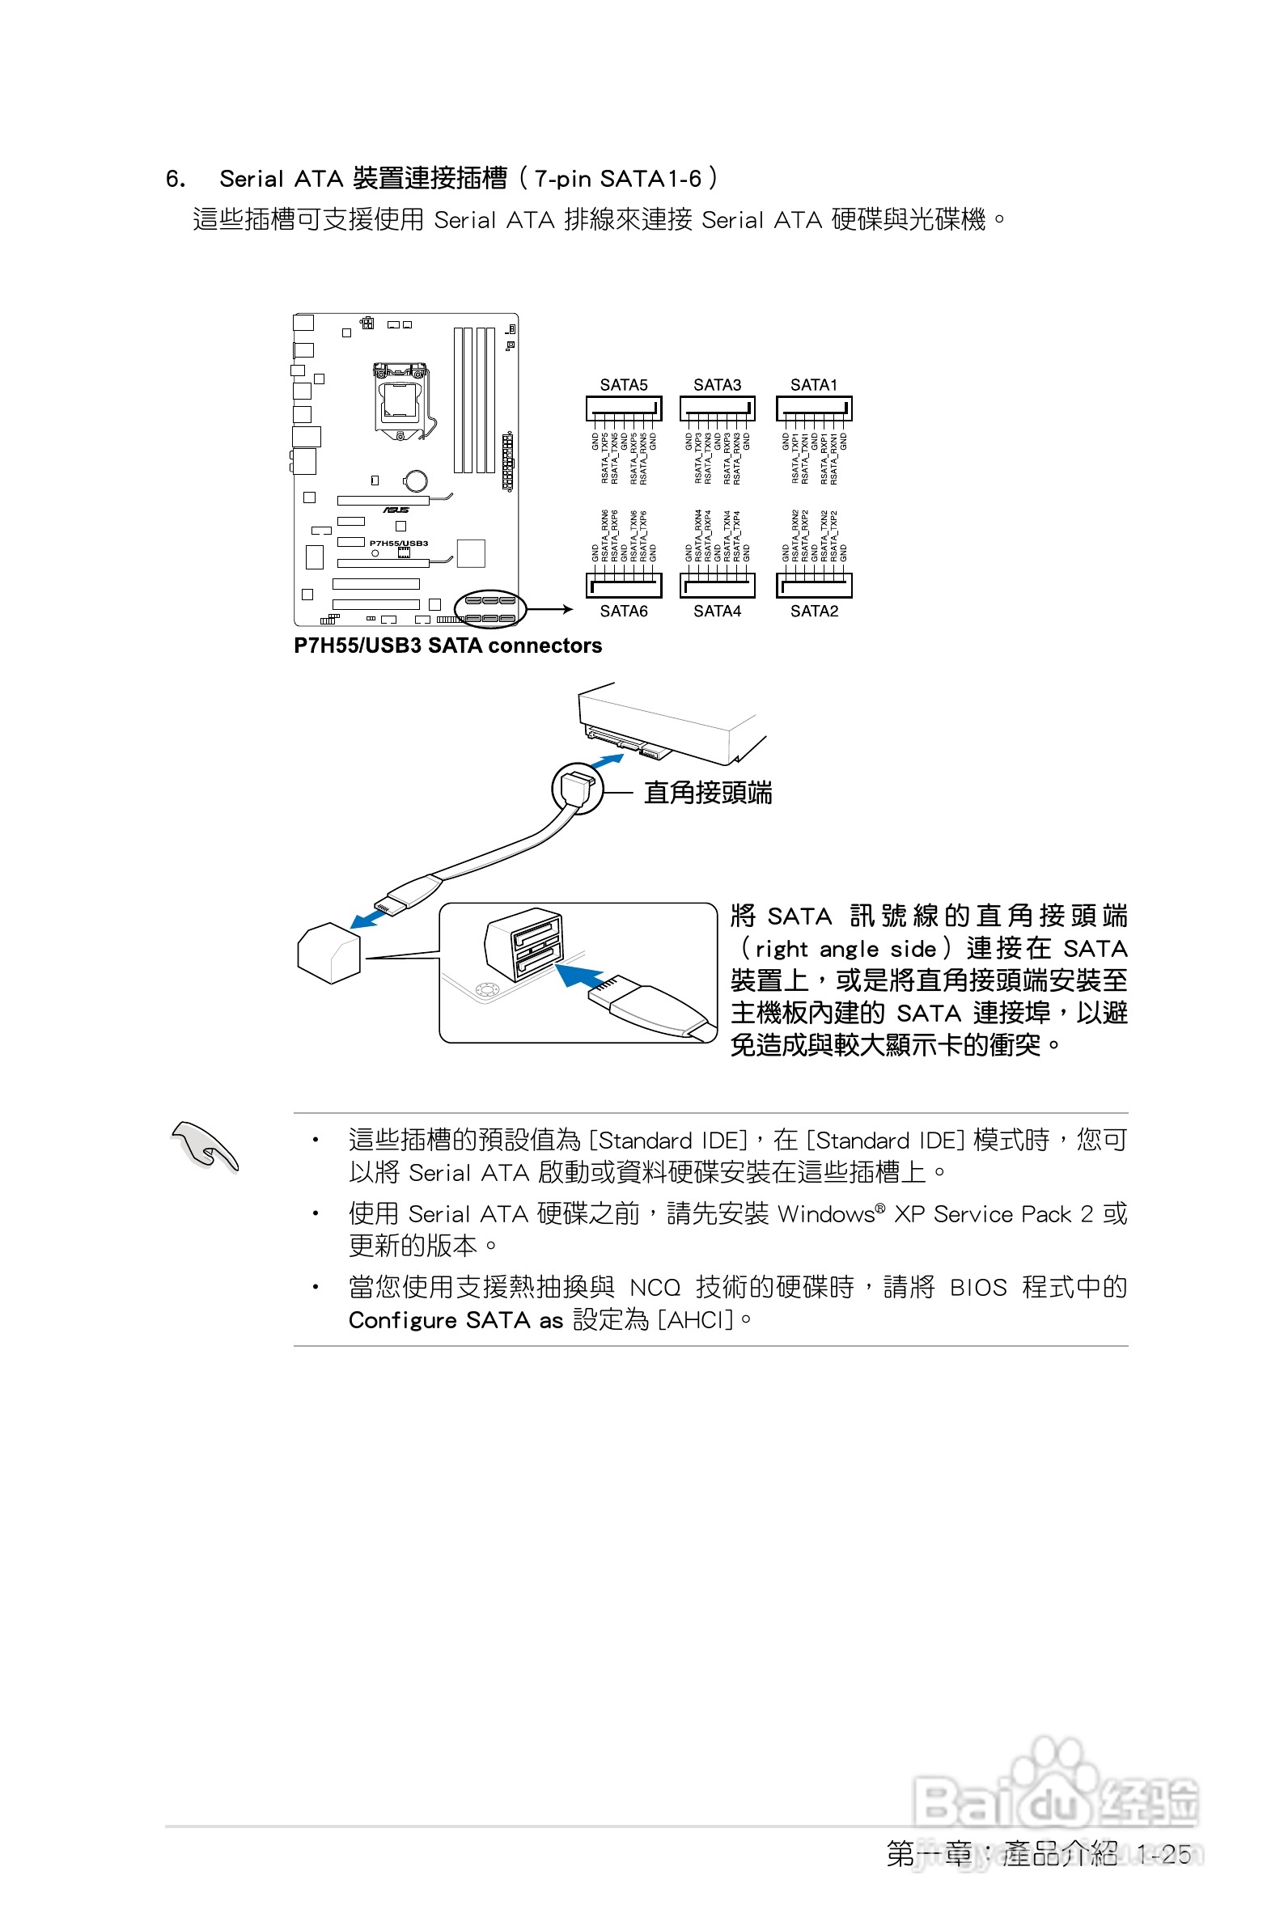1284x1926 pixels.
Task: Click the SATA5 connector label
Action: [x=623, y=385]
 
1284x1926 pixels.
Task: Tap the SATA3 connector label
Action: [x=717, y=385]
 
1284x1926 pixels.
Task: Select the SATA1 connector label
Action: [x=813, y=385]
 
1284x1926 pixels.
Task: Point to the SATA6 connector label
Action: [x=623, y=611]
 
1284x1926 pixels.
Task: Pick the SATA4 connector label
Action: [x=717, y=611]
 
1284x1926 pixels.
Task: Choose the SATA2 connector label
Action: [x=814, y=611]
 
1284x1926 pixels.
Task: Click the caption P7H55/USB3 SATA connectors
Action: [x=448, y=646]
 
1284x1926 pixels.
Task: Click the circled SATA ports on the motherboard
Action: [x=489, y=609]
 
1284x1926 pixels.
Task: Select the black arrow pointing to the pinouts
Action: [x=551, y=609]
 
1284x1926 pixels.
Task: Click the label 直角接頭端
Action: [x=707, y=793]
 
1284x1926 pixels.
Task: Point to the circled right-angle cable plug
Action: [x=578, y=787]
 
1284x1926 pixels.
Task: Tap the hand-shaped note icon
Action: [x=204, y=1146]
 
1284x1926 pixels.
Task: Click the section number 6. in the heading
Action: [x=176, y=179]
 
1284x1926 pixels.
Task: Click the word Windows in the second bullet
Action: [x=825, y=1214]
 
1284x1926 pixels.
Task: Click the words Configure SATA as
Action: [x=456, y=1320]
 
